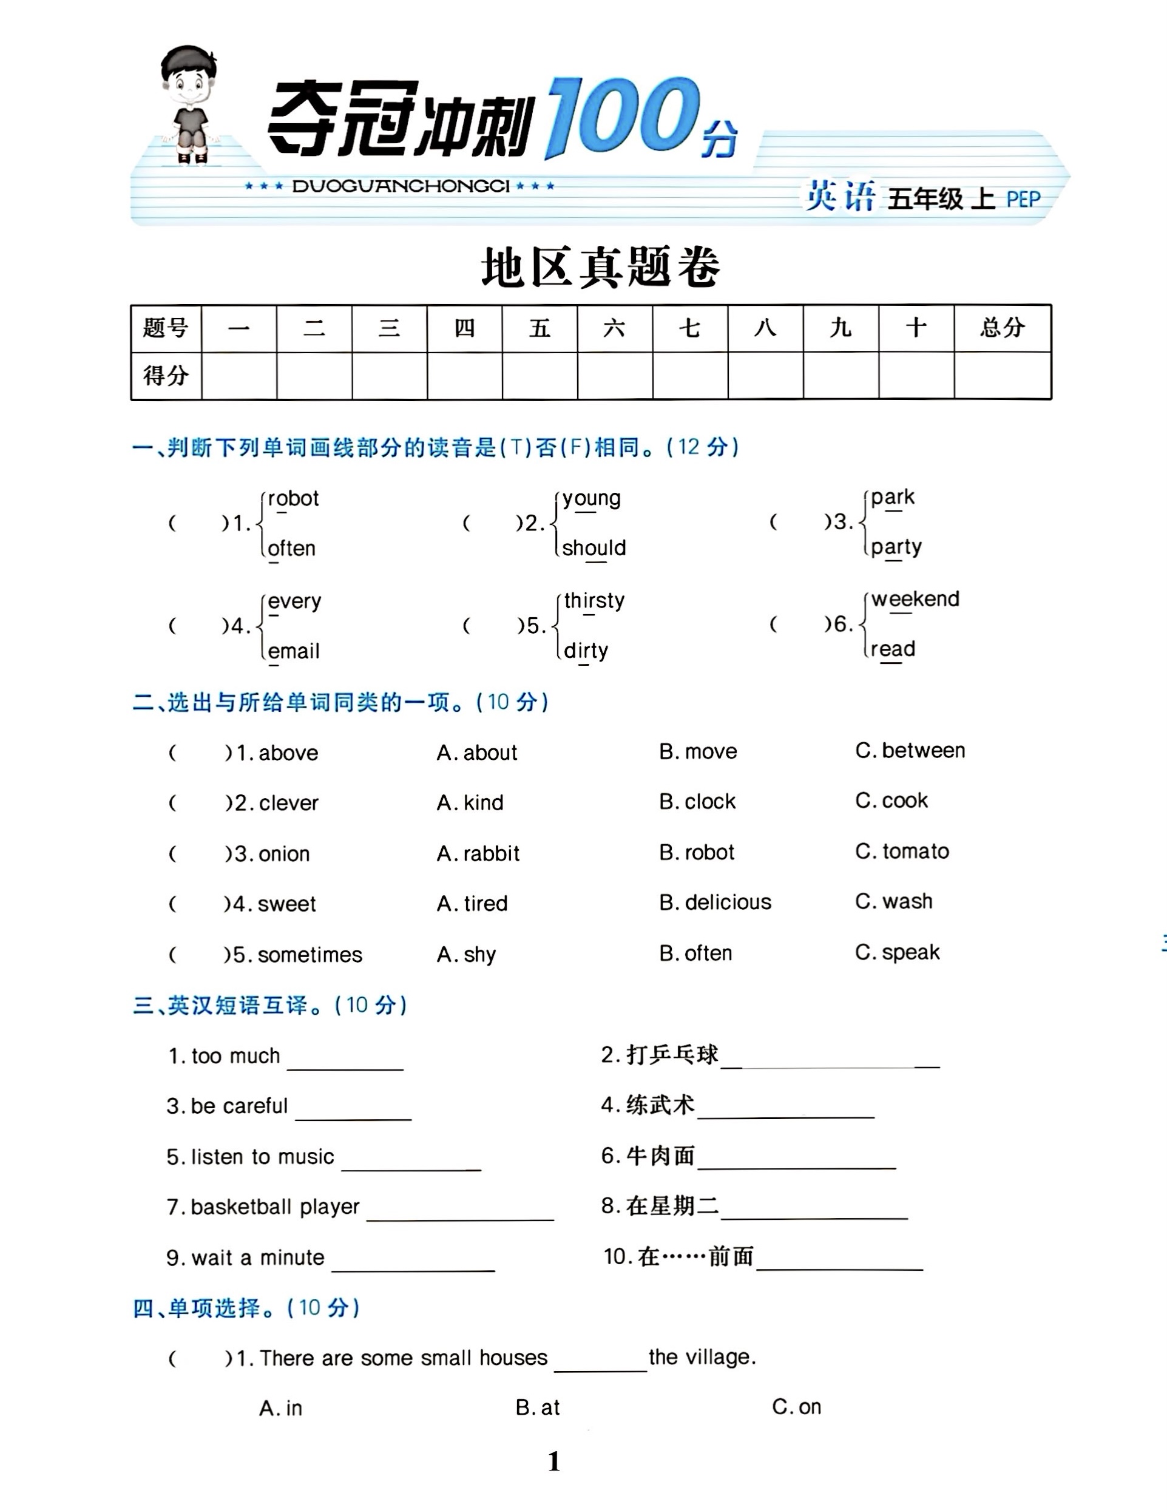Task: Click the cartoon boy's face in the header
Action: tap(188, 84)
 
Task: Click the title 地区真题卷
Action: tap(600, 268)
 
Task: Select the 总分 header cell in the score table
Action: tap(1002, 328)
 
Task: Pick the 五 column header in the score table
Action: tap(540, 328)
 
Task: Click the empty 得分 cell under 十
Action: tap(916, 376)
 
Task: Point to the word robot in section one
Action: tap(293, 498)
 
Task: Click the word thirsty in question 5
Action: tap(594, 600)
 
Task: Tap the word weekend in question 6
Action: tap(915, 599)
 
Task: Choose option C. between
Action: tap(910, 750)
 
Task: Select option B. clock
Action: tap(697, 801)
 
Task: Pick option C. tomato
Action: tap(902, 851)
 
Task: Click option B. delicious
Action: tap(715, 902)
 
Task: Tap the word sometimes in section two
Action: tap(310, 955)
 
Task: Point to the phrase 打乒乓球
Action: tap(672, 1055)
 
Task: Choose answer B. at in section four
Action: tap(538, 1407)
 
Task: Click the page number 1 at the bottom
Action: tap(554, 1461)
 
